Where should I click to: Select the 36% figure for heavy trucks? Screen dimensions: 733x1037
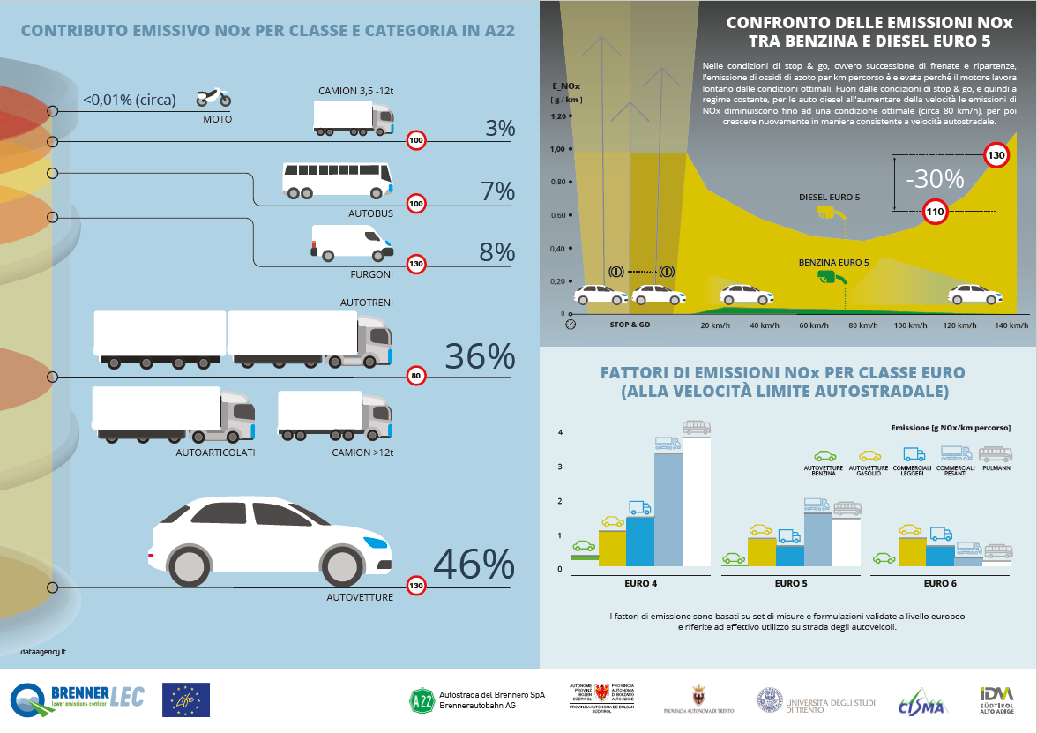480,356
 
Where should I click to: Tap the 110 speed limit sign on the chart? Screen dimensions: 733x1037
935,212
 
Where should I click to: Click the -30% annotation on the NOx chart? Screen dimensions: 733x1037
934,180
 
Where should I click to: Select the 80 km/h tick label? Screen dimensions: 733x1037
863,325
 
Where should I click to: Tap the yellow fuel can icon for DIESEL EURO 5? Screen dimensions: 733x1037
828,213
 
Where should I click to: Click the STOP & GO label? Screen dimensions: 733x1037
630,325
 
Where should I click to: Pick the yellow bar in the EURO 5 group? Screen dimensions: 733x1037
760,551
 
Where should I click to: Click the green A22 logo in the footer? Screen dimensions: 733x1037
422,700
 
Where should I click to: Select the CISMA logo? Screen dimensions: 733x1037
921,703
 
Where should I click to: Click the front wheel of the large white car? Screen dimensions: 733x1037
344,563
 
